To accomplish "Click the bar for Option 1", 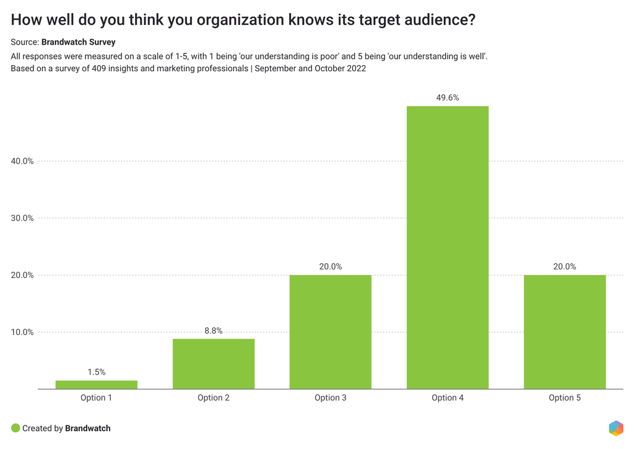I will [96, 385].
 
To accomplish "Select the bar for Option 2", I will [214, 364].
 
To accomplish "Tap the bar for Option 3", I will [331, 332].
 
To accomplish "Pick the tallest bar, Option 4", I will [448, 248].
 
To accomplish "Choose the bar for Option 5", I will [565, 332].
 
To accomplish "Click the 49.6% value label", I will [448, 97].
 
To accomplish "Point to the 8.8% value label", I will [214, 331].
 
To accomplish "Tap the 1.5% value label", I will [96, 372].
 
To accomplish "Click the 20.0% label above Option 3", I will [331, 267].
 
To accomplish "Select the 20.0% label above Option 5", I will [565, 267].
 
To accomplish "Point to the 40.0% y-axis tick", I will [22, 161].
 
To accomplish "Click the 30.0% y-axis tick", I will [22, 218].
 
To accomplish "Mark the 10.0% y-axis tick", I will [22, 332].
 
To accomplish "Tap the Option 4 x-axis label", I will [448, 398].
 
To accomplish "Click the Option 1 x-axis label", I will [96, 398].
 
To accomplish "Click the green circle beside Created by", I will [15, 428].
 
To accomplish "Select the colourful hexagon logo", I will [615, 428].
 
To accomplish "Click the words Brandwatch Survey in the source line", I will [78, 42].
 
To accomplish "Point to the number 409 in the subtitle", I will [99, 69].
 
